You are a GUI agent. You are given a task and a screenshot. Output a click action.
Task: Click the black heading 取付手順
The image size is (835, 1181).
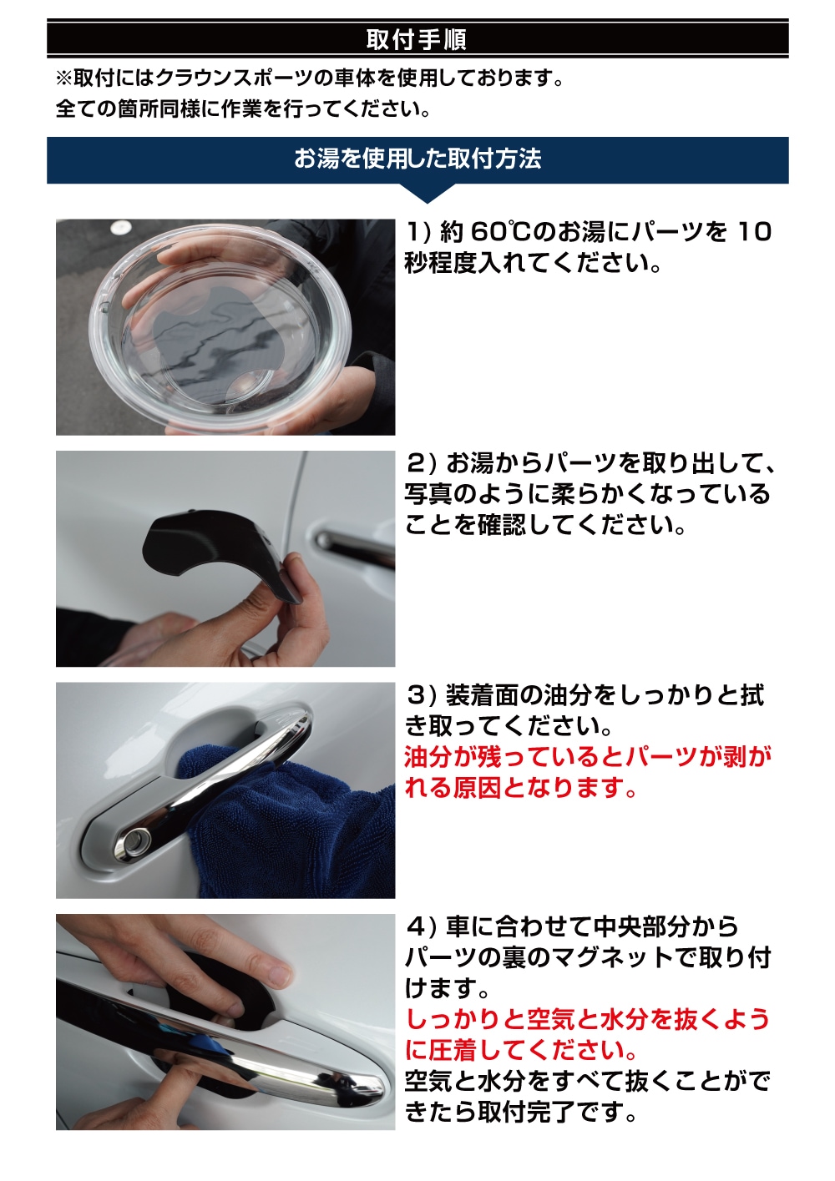pos(417,39)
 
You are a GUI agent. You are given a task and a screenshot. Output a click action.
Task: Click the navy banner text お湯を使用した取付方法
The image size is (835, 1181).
pos(417,159)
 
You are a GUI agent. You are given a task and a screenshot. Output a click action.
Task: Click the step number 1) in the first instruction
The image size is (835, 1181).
pos(418,232)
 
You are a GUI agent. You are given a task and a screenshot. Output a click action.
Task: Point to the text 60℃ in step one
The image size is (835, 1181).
pos(501,232)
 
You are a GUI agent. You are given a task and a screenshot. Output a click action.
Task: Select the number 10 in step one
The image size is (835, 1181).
pos(752,232)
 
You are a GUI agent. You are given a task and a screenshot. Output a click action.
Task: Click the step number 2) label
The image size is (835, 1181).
pos(420,463)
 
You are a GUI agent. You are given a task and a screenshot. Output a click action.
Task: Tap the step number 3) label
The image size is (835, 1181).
pos(420,695)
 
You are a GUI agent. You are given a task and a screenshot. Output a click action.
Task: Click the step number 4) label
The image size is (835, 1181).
pos(420,926)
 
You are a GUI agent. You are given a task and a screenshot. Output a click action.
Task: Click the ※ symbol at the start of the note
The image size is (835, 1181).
pos(63,78)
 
